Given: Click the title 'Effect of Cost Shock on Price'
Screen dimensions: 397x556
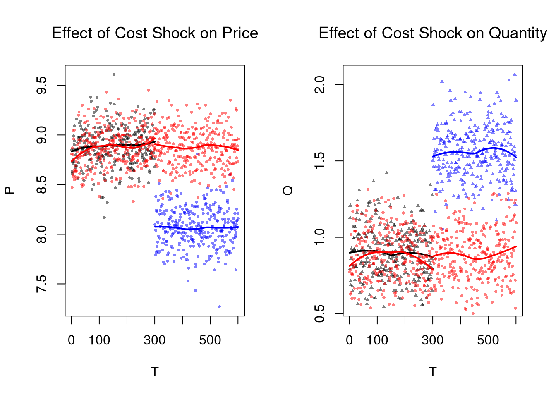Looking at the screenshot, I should click(x=155, y=33).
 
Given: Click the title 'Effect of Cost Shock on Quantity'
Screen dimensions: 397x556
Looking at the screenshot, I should click(x=433, y=33).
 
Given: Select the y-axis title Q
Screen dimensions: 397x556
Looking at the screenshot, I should click(x=288, y=190).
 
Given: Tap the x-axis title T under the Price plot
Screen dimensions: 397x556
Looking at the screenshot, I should click(x=155, y=372).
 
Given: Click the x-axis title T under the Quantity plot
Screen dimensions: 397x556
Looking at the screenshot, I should click(x=433, y=372).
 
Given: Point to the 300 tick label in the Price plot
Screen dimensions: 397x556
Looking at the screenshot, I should click(x=155, y=340).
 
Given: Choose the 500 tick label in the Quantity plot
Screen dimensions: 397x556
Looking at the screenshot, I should click(x=488, y=340).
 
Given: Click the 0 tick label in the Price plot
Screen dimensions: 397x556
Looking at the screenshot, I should click(x=72, y=340).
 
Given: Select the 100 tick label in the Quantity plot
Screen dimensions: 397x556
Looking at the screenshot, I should click(x=377, y=340).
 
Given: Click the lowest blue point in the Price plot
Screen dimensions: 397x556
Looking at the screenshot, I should click(x=219, y=307).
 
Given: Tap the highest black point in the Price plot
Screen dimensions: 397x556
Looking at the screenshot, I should click(x=114, y=74).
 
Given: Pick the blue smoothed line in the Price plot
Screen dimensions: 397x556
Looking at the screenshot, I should click(x=194, y=228).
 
